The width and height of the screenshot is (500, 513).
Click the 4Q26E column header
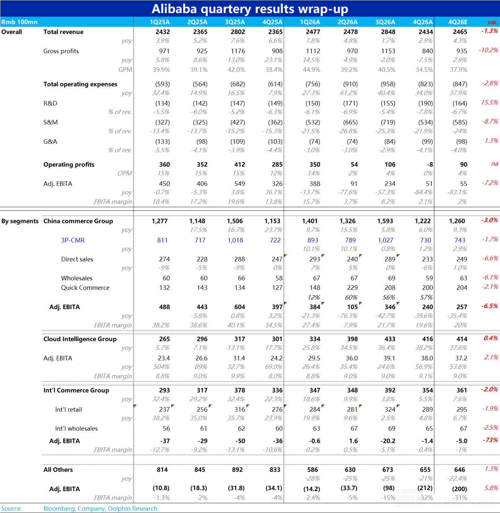(458, 22)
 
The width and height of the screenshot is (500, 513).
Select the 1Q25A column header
(159, 22)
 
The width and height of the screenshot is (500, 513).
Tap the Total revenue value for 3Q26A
(388, 32)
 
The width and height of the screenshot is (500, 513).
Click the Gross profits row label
(61, 51)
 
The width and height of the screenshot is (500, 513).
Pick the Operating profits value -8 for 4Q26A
(430, 165)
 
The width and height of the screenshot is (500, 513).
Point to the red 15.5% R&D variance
(490, 102)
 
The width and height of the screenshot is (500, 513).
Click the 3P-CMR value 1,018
(235, 240)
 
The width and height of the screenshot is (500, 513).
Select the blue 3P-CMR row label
(73, 240)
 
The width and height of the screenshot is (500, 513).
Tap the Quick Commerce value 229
(352, 288)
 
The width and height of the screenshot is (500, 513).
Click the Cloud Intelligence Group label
(80, 339)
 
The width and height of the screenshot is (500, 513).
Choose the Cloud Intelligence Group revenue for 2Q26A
(352, 339)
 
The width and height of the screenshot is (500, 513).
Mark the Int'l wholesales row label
(76, 428)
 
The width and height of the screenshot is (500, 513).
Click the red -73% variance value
(490, 440)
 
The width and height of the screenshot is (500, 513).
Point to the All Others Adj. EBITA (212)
(425, 488)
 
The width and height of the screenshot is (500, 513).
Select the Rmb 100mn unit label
(19, 22)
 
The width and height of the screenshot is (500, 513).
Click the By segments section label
(20, 221)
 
